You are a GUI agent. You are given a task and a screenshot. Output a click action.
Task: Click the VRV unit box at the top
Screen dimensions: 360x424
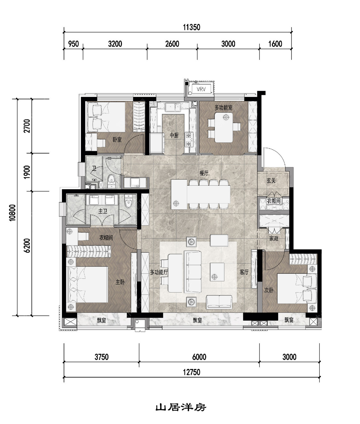[x=201, y=89]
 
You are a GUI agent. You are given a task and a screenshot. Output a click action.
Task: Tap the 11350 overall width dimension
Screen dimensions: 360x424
[x=191, y=27]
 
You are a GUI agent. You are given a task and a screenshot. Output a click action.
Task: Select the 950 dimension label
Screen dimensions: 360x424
[x=73, y=44]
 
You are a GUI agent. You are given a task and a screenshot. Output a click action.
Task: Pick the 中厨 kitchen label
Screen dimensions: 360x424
[x=174, y=135]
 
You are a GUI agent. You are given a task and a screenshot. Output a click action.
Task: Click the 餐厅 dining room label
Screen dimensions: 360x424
[x=204, y=173]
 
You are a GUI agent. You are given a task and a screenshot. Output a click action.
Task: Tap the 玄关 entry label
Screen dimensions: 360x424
[x=271, y=181]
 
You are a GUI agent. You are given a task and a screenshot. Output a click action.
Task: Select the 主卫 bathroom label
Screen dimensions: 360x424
[x=102, y=211]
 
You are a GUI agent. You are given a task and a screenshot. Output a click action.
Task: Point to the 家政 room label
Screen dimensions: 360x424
[x=274, y=238]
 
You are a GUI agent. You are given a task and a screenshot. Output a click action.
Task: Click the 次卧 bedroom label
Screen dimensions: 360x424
[x=268, y=290]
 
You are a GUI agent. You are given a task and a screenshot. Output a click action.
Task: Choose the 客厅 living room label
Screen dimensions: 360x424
[x=244, y=272]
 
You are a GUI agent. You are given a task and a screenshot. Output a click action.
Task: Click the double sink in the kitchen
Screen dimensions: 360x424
[x=173, y=108]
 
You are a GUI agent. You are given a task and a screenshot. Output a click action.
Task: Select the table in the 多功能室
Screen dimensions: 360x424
[x=224, y=127]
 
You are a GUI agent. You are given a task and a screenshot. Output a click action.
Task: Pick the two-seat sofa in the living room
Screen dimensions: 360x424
[x=219, y=302]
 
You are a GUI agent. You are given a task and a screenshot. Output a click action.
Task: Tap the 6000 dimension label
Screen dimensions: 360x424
[x=199, y=357]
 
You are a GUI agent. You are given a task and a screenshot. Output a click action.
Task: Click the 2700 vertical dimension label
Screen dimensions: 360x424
[x=27, y=126]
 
